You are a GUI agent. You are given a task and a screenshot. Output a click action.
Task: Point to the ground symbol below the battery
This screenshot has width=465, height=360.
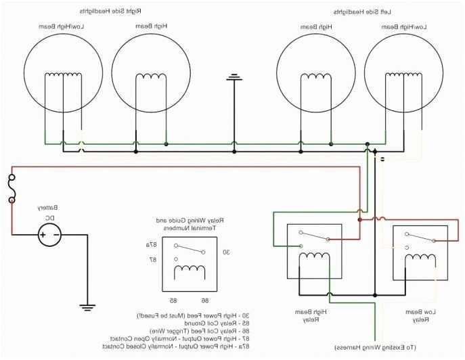click(x=87, y=307)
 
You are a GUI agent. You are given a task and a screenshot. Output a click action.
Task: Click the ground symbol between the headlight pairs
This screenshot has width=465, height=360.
click(x=234, y=77)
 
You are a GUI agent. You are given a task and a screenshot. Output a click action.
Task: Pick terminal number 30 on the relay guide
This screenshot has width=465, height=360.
click(x=226, y=252)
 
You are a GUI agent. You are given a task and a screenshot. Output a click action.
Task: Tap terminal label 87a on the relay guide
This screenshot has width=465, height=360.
click(x=150, y=244)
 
